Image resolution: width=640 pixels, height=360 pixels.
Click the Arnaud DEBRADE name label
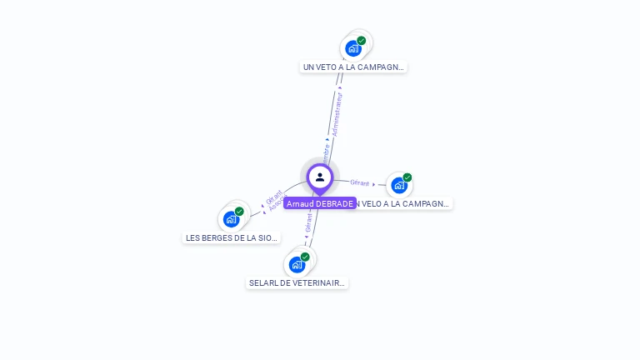pyautogui.click(x=320, y=203)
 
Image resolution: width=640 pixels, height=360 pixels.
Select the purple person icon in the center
pyautogui.click(x=320, y=177)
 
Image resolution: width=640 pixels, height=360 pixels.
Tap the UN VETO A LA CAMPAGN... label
pyautogui.click(x=353, y=67)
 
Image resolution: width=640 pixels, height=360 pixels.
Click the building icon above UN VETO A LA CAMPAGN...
pyautogui.click(x=353, y=48)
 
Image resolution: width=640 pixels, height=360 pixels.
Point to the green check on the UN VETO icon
pyautogui.click(x=362, y=40)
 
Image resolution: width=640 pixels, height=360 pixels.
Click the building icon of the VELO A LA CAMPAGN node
pyautogui.click(x=399, y=185)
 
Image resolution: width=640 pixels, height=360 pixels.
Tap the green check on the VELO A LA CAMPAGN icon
pyautogui.click(x=407, y=177)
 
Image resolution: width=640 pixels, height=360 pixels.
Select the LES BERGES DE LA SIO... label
pyautogui.click(x=231, y=237)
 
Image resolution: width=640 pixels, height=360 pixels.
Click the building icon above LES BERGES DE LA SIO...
pyautogui.click(x=231, y=219)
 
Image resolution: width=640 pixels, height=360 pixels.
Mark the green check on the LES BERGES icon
pyautogui.click(x=239, y=211)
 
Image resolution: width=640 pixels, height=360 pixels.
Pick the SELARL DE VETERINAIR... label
pyautogui.click(x=297, y=282)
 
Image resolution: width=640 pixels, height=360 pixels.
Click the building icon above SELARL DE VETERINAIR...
pyautogui.click(x=297, y=265)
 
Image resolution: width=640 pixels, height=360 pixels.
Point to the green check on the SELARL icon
pyautogui.click(x=305, y=257)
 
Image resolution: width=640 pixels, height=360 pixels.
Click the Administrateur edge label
pyautogui.click(x=337, y=112)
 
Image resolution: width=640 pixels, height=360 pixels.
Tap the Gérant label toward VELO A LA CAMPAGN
pyautogui.click(x=360, y=182)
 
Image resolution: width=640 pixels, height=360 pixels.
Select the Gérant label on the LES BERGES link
pyautogui.click(x=272, y=197)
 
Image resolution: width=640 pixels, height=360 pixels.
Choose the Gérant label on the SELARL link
pyautogui.click(x=308, y=222)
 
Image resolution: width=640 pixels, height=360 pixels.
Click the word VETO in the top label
pyautogui.click(x=327, y=67)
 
